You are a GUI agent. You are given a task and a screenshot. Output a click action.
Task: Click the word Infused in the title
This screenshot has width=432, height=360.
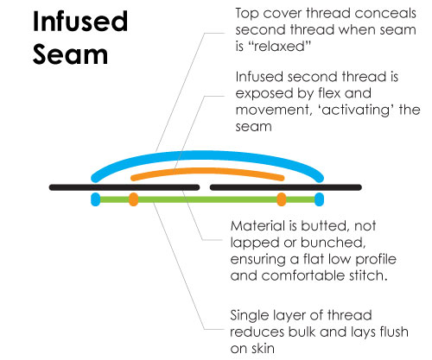click(x=80, y=22)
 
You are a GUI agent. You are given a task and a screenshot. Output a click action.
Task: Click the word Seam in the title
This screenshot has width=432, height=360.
click(x=70, y=54)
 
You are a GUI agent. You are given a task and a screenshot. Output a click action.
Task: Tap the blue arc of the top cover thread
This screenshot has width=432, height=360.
click(x=207, y=155)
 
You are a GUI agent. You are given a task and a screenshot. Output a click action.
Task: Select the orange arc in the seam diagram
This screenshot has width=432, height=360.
click(x=207, y=171)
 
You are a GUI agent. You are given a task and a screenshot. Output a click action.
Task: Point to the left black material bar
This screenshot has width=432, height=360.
click(x=124, y=187)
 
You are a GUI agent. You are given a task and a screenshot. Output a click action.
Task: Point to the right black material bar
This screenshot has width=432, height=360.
click(x=286, y=187)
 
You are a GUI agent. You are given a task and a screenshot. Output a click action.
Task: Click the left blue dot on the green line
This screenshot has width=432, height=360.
click(x=95, y=199)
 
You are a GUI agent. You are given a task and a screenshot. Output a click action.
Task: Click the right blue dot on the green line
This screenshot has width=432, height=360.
click(x=319, y=199)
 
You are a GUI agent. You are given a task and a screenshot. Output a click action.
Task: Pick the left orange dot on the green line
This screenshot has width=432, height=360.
click(x=133, y=199)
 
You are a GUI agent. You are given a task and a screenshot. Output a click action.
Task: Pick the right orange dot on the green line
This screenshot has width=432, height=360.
click(x=282, y=199)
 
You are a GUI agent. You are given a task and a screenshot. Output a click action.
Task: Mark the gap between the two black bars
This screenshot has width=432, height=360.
click(x=205, y=187)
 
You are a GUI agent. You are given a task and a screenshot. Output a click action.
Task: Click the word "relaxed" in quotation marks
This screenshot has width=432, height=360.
click(x=279, y=47)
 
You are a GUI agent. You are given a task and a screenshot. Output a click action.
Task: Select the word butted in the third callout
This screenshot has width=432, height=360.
click(x=326, y=226)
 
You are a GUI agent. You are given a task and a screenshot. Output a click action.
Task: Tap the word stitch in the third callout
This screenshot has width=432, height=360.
click(x=368, y=275)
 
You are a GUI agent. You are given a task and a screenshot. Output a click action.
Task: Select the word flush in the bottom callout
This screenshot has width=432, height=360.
click(x=394, y=332)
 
